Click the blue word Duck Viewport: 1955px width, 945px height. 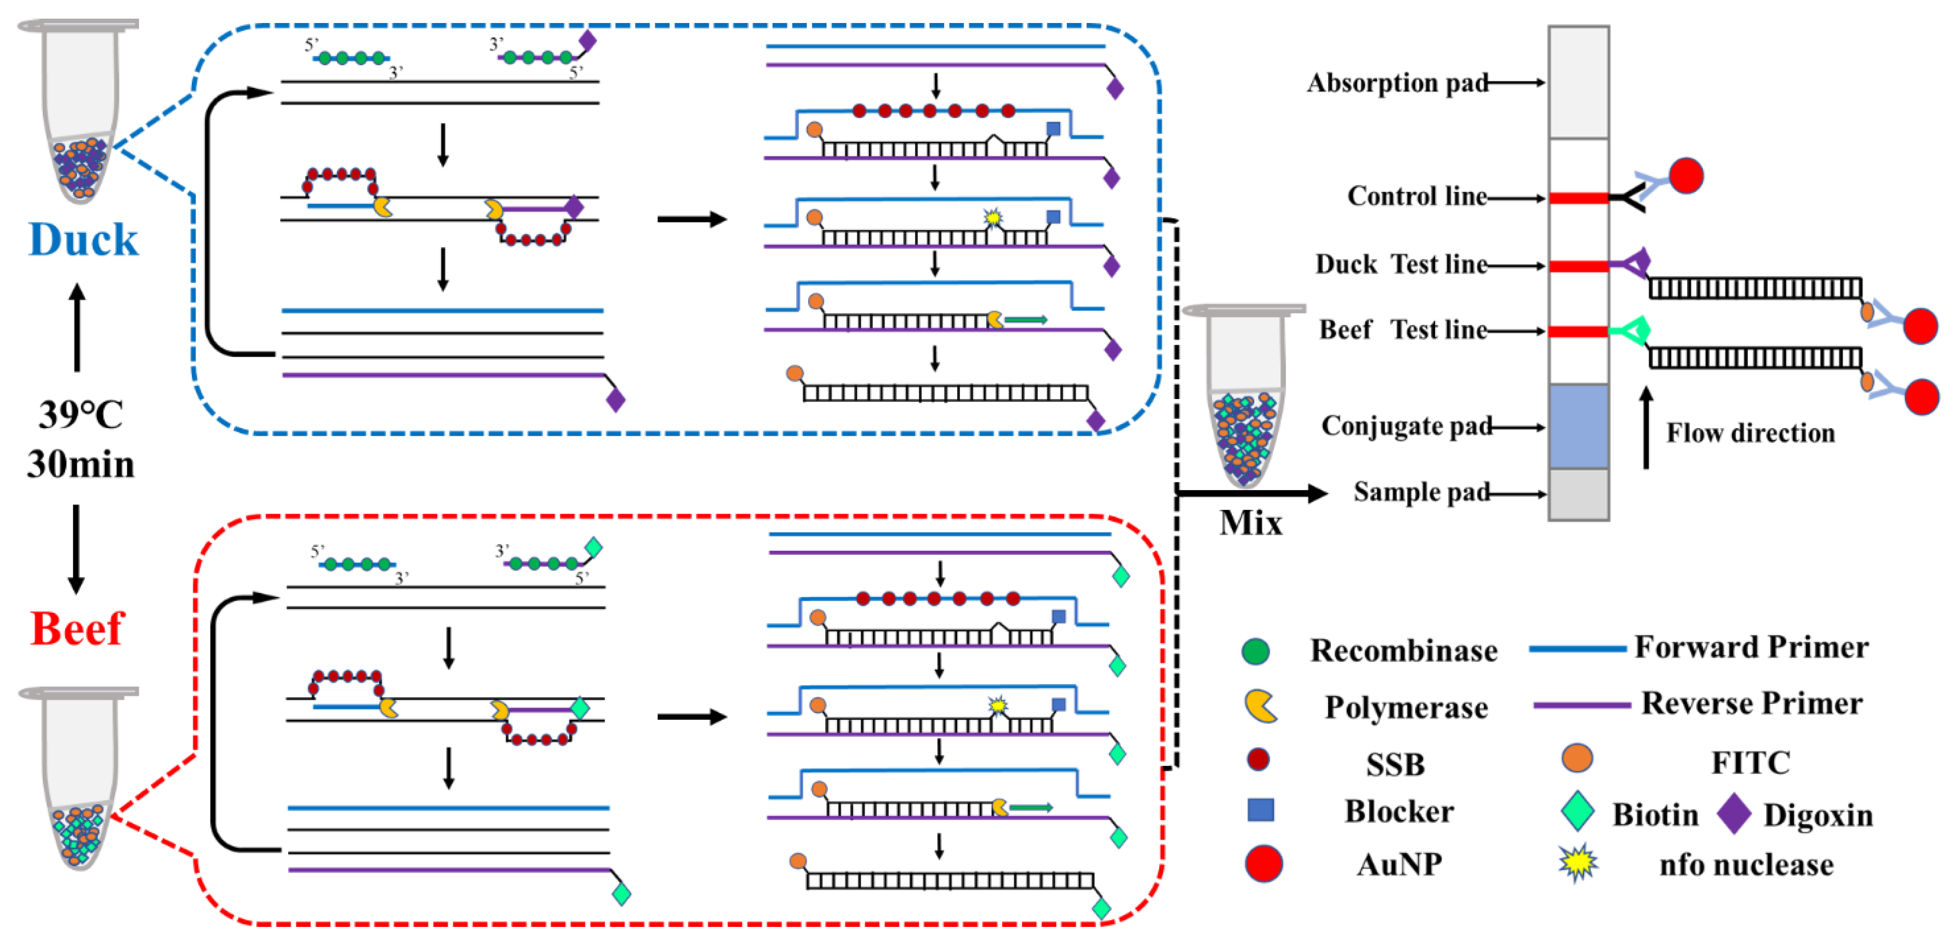[x=83, y=241]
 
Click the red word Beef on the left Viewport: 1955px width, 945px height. [x=77, y=629]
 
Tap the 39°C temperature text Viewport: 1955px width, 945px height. [x=81, y=415]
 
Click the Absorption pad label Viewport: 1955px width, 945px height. [x=1397, y=83]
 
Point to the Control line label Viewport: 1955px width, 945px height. [x=1416, y=197]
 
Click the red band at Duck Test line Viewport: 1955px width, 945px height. [x=1578, y=266]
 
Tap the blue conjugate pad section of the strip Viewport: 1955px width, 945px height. [x=1578, y=426]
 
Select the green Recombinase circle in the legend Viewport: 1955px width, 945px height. [x=1255, y=651]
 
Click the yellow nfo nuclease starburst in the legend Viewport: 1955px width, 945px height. [x=1578, y=863]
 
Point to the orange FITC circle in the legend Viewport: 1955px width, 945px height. [x=1577, y=758]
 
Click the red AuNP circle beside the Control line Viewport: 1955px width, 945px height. [x=1685, y=176]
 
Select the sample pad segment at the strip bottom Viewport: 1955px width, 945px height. [x=1578, y=494]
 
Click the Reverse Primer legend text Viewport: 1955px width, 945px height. [x=1752, y=704]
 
